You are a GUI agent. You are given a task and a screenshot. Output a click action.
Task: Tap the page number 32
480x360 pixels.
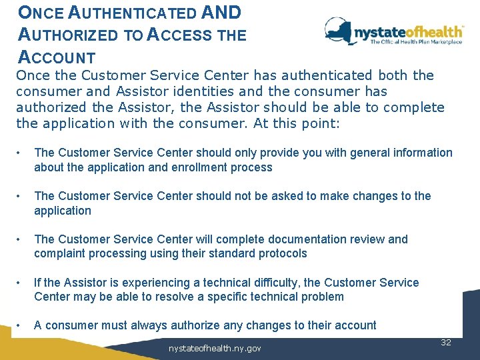point(446,342)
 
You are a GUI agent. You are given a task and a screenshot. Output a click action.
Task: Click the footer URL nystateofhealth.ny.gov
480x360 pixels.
point(215,349)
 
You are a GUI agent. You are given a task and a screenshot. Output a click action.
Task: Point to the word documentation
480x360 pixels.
point(309,239)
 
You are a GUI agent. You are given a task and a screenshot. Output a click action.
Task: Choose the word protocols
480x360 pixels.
point(284,253)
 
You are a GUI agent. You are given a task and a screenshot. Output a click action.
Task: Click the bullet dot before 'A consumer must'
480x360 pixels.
point(20,325)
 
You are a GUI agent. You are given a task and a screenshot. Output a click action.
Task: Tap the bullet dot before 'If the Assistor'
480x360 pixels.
point(20,283)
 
